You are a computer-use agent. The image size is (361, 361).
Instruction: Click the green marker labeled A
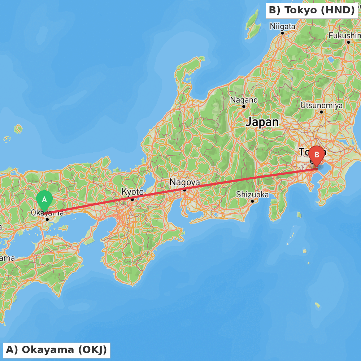click(x=44, y=200)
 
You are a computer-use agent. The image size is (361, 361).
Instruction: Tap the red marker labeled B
click(x=317, y=155)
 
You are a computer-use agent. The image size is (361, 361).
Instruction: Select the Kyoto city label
click(x=132, y=192)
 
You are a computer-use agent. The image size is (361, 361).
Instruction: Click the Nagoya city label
click(x=184, y=182)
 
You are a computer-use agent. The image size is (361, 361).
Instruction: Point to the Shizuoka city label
click(x=252, y=195)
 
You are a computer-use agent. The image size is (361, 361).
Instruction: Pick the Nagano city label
click(x=244, y=100)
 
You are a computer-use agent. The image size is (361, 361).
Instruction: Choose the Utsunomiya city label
click(x=321, y=105)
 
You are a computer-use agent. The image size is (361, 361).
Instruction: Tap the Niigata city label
click(x=282, y=26)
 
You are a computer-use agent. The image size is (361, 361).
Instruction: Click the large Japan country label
click(x=262, y=122)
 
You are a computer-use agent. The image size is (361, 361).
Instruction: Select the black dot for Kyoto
click(x=132, y=199)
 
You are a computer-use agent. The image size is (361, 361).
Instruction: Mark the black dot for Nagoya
click(x=184, y=190)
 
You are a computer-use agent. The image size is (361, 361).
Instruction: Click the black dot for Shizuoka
click(x=252, y=201)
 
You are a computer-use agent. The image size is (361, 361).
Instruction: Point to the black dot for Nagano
click(x=244, y=106)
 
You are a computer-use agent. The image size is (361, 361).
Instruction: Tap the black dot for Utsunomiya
click(x=321, y=112)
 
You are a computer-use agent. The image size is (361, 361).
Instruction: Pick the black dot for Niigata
click(x=282, y=33)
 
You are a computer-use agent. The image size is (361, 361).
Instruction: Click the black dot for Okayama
click(x=47, y=219)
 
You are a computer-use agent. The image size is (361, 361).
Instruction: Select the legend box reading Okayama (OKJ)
click(x=56, y=350)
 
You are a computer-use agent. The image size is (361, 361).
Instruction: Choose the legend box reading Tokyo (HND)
click(x=312, y=10)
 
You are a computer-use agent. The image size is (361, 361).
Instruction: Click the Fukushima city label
click(x=345, y=35)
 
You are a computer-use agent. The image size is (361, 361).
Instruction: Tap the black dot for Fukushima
click(x=348, y=42)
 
